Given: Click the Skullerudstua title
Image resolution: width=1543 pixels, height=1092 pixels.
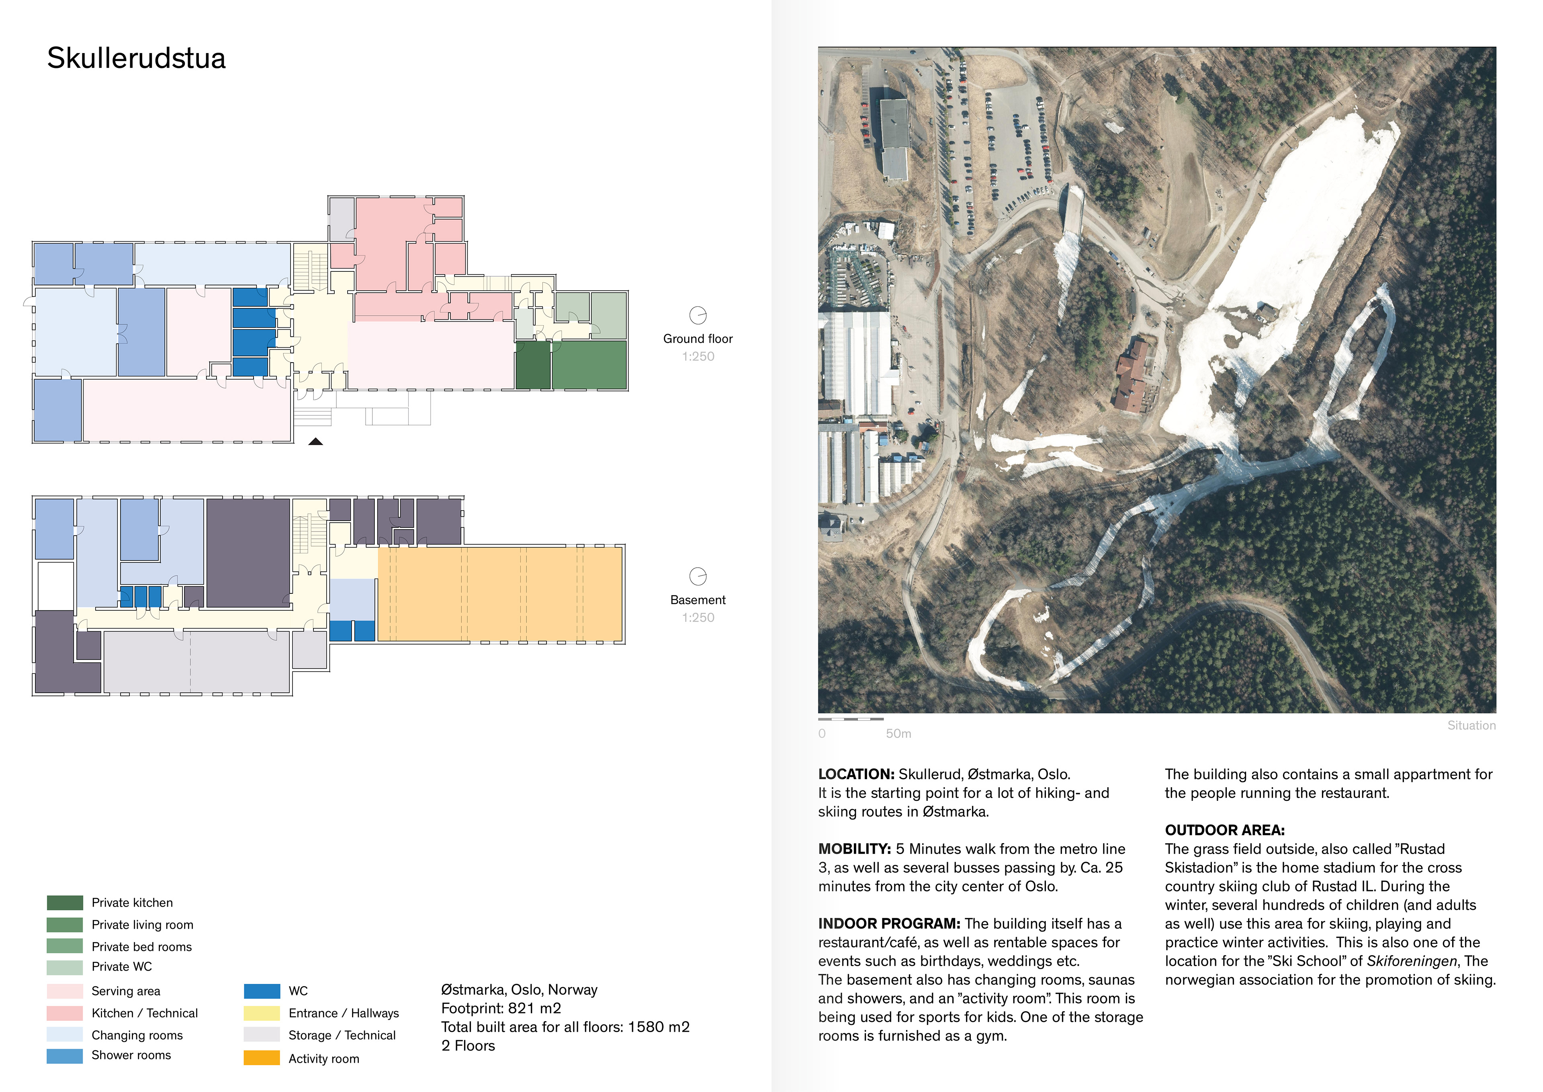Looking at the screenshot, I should coord(137,59).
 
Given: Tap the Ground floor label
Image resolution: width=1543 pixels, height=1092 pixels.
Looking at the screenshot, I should coord(698,339).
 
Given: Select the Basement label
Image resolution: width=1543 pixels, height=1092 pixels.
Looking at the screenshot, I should coord(698,600).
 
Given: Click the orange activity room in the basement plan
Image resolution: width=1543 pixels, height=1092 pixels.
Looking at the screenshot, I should coord(499,594).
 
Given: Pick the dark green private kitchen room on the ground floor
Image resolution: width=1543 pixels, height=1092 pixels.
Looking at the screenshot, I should coord(532,365).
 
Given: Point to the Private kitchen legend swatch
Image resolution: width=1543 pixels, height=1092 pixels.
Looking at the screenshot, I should coord(65,902).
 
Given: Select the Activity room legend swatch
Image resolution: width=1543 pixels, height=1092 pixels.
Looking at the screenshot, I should coord(262,1058).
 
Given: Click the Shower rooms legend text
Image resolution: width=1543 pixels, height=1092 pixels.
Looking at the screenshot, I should coord(131,1055).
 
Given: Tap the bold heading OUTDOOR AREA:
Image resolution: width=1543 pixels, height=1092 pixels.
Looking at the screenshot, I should coord(1224,830).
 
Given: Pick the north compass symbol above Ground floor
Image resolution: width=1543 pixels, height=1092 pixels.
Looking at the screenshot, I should coord(698,315).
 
